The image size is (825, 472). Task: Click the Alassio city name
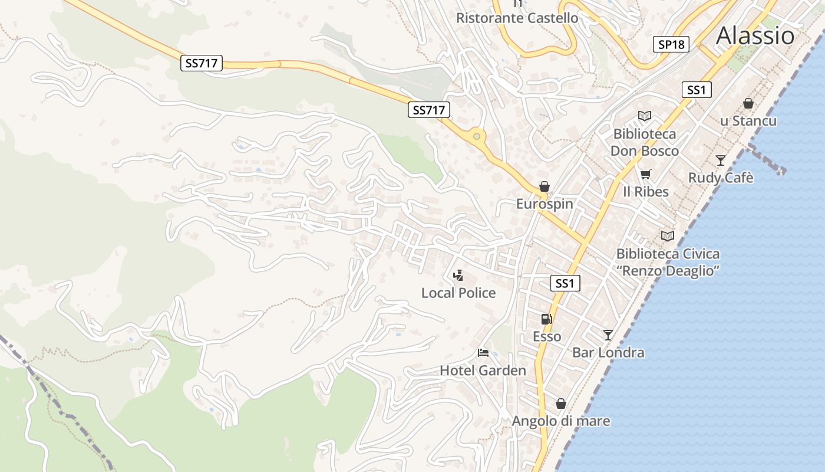755,35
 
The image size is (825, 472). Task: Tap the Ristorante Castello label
517,18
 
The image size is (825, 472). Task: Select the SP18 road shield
671,44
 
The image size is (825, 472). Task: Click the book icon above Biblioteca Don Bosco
645,116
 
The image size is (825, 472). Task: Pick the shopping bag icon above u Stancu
748,103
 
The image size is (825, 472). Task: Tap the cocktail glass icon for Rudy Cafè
721,160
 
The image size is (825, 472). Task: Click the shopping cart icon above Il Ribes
646,174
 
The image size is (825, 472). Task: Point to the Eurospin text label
544,204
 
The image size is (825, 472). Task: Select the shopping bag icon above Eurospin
544,186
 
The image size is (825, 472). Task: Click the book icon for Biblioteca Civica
668,236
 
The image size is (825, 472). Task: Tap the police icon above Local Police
458,275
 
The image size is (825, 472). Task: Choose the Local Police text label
458,293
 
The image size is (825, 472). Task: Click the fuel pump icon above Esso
547,319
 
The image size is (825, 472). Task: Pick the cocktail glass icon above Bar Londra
608,335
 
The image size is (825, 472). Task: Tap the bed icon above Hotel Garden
483,353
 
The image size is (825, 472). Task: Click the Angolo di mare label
561,421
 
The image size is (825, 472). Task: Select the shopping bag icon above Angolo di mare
561,404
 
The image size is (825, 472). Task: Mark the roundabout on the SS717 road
477,136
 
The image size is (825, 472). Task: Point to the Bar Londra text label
608,353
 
